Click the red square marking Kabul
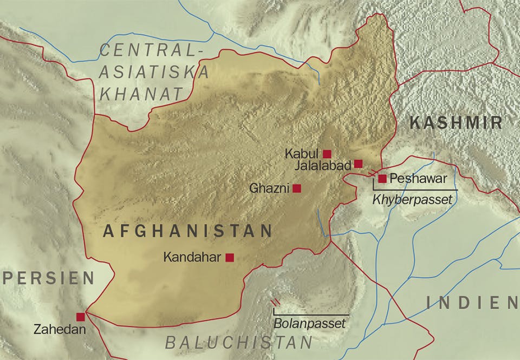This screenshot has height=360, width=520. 327,153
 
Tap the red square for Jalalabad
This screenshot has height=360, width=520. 358,163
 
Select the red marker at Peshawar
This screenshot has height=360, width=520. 382,178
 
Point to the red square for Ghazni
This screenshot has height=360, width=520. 297,188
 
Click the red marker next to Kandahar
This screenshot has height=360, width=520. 230,258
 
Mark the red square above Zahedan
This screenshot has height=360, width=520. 81,317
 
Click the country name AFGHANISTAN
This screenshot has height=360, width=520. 187,232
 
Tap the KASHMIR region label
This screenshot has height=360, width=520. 456,123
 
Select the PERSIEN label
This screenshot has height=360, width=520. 49,278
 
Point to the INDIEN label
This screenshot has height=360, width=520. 472,303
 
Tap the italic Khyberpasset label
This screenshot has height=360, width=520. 412,200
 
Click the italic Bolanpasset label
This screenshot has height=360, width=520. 309,324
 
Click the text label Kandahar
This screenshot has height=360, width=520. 192,258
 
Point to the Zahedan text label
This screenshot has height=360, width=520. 60,329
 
